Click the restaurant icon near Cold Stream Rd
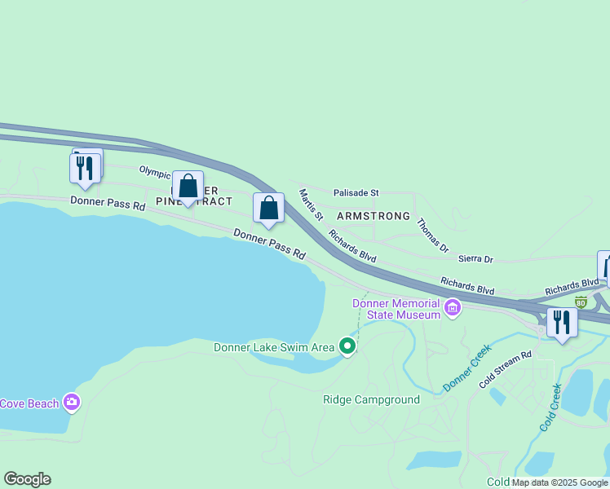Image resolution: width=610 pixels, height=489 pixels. click(x=562, y=322)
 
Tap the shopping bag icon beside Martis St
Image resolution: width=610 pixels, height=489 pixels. click(x=268, y=209)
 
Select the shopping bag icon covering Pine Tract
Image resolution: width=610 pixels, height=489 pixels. click(x=188, y=187)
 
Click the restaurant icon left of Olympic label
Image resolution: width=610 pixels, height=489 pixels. click(x=85, y=169)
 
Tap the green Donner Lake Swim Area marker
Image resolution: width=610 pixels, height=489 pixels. click(x=347, y=347)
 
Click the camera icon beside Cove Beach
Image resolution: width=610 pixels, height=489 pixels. click(x=72, y=402)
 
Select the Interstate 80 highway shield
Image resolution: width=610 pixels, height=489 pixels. click(x=581, y=302)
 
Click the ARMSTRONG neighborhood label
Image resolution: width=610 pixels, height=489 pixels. click(x=373, y=216)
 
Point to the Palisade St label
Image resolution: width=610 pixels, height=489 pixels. click(x=356, y=193)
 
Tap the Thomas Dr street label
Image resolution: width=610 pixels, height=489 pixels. click(x=432, y=234)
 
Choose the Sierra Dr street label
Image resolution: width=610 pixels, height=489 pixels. click(x=477, y=259)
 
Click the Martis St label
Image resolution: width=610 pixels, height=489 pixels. click(x=311, y=205)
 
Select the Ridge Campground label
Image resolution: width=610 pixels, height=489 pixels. click(x=371, y=399)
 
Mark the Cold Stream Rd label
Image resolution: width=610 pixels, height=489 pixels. click(x=506, y=368)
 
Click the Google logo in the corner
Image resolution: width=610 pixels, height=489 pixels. click(x=27, y=479)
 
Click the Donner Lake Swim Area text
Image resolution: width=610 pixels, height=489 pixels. click(x=274, y=347)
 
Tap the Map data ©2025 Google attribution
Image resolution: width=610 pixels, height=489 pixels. click(x=559, y=482)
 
